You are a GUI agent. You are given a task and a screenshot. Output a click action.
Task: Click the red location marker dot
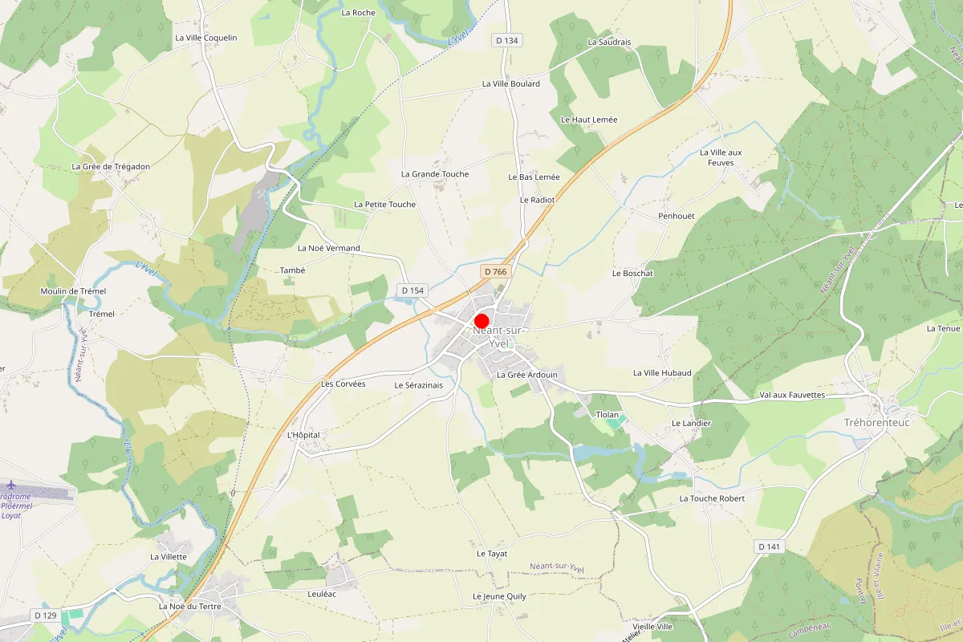click(481, 320)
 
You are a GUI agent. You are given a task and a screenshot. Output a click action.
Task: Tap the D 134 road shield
click(508, 41)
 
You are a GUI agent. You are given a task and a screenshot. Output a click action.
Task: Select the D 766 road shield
click(495, 272)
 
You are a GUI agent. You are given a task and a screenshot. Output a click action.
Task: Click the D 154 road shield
click(412, 290)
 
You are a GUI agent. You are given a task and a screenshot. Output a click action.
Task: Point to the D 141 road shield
click(768, 547)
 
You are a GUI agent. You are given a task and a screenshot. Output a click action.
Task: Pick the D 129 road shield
click(46, 615)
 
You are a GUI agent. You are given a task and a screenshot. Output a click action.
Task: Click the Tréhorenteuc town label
click(877, 423)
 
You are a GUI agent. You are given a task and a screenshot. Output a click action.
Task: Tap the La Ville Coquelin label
click(206, 38)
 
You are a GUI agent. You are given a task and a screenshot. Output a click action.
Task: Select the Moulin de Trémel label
click(73, 291)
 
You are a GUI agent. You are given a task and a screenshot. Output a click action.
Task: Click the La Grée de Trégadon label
click(111, 167)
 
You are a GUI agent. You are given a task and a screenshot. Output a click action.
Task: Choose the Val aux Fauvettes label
click(792, 395)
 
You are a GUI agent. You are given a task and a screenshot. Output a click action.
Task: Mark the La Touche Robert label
click(712, 498)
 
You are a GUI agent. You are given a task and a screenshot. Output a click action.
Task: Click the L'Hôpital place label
click(303, 435)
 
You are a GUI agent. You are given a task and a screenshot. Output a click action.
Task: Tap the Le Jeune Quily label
click(499, 596)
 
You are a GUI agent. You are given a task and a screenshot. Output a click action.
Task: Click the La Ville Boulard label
click(510, 83)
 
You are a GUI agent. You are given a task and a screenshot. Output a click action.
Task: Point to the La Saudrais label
click(609, 42)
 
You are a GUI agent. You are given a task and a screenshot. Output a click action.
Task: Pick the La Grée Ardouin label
click(526, 375)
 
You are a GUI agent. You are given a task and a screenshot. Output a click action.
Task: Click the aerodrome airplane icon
click(11, 486)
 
